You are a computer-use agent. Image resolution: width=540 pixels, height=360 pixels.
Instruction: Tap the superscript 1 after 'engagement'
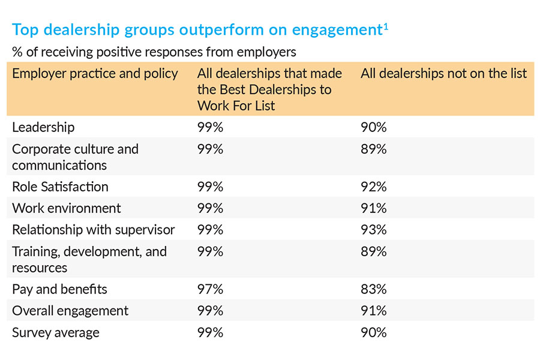(385, 26)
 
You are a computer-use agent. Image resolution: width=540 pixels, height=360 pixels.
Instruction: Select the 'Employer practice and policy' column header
(95, 74)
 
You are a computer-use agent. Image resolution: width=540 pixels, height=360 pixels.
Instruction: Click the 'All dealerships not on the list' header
(443, 74)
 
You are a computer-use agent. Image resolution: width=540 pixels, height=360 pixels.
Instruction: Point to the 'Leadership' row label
(43, 127)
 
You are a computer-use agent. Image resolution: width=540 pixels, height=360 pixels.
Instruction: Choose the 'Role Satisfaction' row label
(60, 187)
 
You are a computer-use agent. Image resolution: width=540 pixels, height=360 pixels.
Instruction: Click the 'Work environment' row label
(66, 208)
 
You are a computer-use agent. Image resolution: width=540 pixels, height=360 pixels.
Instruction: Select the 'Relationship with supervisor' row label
(93, 230)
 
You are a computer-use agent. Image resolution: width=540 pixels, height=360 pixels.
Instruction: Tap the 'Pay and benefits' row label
(59, 289)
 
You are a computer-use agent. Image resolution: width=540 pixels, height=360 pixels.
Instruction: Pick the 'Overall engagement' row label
(70, 311)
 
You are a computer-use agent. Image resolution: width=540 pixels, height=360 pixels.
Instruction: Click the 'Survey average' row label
(56, 332)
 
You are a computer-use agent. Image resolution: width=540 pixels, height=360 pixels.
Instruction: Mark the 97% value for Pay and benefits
(210, 289)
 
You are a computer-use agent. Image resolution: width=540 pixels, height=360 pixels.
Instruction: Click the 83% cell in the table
(373, 289)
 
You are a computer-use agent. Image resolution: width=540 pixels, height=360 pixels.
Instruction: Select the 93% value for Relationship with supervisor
(373, 230)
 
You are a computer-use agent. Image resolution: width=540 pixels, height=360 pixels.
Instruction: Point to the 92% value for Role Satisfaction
(373, 187)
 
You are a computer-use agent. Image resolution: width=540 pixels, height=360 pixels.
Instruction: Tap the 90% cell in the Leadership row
(373, 127)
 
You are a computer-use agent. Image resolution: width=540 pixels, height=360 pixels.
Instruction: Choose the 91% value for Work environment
(373, 208)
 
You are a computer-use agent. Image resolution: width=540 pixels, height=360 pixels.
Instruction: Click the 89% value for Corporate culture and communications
(373, 149)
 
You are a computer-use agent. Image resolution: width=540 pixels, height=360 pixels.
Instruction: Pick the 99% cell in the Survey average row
(210, 332)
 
